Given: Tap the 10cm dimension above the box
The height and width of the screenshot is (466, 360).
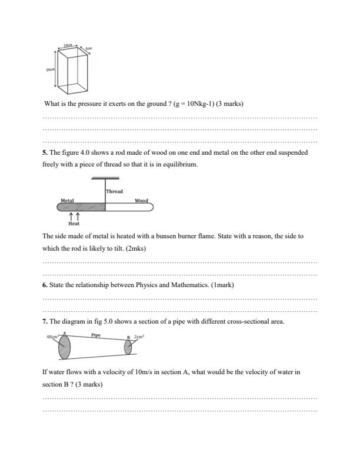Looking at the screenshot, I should (x=69, y=45).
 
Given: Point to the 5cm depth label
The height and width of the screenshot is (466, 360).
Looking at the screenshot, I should (x=89, y=48).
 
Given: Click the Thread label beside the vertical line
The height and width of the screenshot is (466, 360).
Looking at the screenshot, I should (x=115, y=191).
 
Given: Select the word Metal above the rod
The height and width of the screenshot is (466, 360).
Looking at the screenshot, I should (x=67, y=201).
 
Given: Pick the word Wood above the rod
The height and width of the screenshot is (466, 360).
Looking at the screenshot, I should (x=141, y=201).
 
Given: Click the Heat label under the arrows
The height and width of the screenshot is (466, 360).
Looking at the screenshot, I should (x=74, y=224).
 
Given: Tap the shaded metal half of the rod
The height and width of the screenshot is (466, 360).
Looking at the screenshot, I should (x=82, y=207).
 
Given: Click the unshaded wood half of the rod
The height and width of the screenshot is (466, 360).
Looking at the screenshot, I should (x=129, y=207).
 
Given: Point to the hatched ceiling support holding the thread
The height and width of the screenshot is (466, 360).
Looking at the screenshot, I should (x=106, y=177).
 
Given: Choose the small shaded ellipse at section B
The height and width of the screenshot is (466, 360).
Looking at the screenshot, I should (x=127, y=347).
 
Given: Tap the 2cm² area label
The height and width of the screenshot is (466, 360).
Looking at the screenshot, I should (x=139, y=337).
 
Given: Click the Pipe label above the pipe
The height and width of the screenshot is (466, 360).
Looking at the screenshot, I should (x=96, y=334).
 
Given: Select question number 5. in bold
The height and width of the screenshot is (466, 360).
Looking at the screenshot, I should (x=45, y=152).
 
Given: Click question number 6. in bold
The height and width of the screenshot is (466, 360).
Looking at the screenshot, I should (x=45, y=285).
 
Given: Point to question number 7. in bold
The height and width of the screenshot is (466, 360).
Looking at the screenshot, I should (x=45, y=321).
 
